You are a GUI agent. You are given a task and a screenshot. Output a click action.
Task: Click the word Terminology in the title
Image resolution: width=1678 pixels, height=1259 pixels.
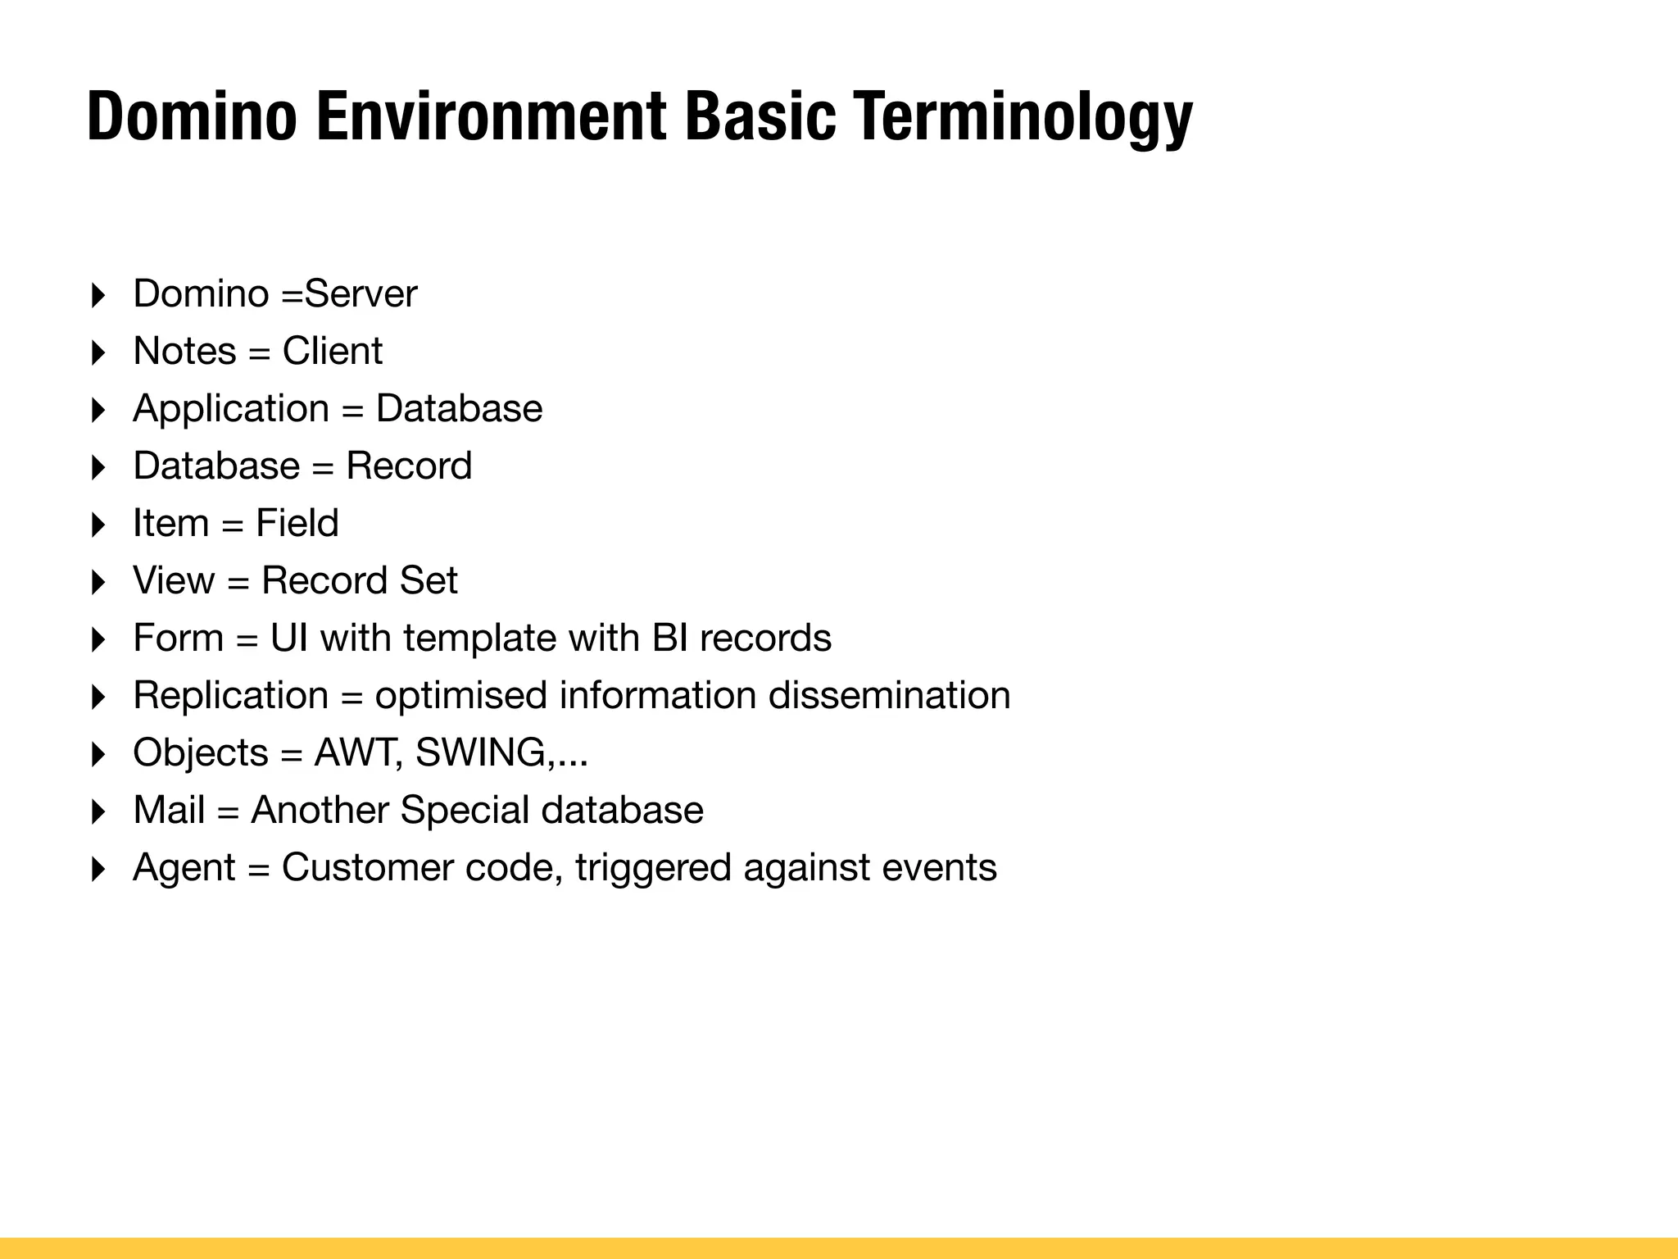[1022, 118]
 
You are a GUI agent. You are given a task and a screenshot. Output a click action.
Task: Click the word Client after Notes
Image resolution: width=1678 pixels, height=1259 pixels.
[332, 352]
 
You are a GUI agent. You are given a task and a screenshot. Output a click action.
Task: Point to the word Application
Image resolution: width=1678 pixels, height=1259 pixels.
[231, 409]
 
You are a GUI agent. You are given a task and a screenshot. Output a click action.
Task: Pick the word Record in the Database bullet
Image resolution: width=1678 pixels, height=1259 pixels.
[409, 466]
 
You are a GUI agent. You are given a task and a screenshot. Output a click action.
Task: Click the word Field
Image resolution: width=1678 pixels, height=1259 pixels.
[297, 524]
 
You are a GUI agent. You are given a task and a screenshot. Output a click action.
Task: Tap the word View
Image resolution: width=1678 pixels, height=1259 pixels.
[174, 581]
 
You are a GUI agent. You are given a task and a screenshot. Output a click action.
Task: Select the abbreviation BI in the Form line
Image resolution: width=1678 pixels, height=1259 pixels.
[670, 639]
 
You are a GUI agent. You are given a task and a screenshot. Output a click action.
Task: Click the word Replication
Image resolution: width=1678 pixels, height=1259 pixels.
[231, 696]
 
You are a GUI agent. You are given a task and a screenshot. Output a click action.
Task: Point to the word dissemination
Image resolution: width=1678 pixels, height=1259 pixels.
[889, 696]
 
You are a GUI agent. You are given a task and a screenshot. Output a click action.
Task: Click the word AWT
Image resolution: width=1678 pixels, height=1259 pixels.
[356, 753]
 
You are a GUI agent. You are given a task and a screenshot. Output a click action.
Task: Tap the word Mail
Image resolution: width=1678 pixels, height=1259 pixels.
[169, 811]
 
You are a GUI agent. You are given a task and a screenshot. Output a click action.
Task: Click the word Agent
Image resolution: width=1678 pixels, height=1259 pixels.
[184, 868]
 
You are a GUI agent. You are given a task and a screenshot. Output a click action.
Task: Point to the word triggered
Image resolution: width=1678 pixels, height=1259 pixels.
[653, 868]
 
